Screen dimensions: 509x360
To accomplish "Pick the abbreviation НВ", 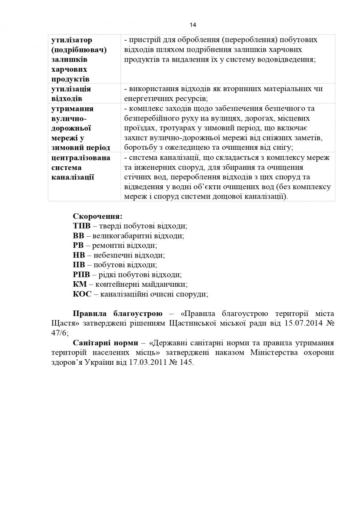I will point(79,255).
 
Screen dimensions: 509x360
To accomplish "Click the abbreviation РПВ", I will point(82,274).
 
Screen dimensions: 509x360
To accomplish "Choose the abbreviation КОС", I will point(82,294).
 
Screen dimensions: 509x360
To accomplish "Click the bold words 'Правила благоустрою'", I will point(117,314).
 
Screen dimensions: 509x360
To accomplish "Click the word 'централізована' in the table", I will point(81,158).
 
